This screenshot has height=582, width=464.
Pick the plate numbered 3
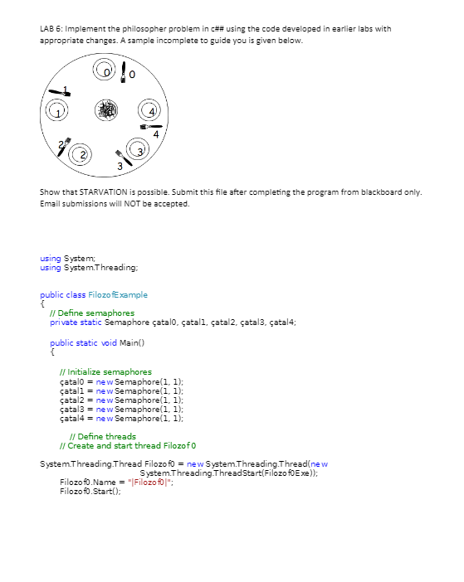coord(140,151)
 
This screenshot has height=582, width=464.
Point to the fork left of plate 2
coord(66,147)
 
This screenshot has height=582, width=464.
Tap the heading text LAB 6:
coord(51,29)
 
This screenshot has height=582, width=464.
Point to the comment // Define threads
coord(103,437)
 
